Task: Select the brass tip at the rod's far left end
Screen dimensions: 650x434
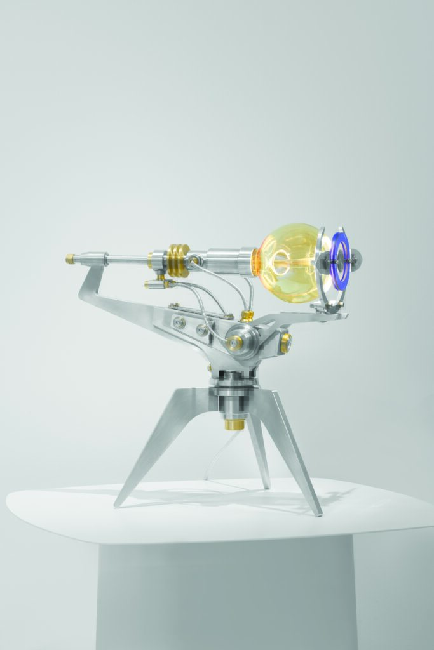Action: pyautogui.click(x=69, y=258)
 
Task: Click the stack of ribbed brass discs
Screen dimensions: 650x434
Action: pyautogui.click(x=178, y=260)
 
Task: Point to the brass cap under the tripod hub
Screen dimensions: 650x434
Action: pyautogui.click(x=234, y=422)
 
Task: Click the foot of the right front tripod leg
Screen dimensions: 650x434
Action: pyautogui.click(x=317, y=512)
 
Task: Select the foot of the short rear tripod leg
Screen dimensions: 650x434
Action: pyautogui.click(x=267, y=486)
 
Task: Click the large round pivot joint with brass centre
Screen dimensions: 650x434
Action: pyautogui.click(x=236, y=343)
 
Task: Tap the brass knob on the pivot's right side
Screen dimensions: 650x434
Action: pyautogui.click(x=285, y=343)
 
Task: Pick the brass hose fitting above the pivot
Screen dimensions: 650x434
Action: pyautogui.click(x=247, y=315)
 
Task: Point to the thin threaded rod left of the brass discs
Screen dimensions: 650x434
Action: pyautogui.click(x=127, y=259)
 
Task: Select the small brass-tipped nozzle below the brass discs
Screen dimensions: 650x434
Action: pyautogui.click(x=153, y=284)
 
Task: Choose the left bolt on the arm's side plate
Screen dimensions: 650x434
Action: pyautogui.click(x=179, y=322)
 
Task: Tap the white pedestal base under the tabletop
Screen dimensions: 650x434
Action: pyautogui.click(x=229, y=597)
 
